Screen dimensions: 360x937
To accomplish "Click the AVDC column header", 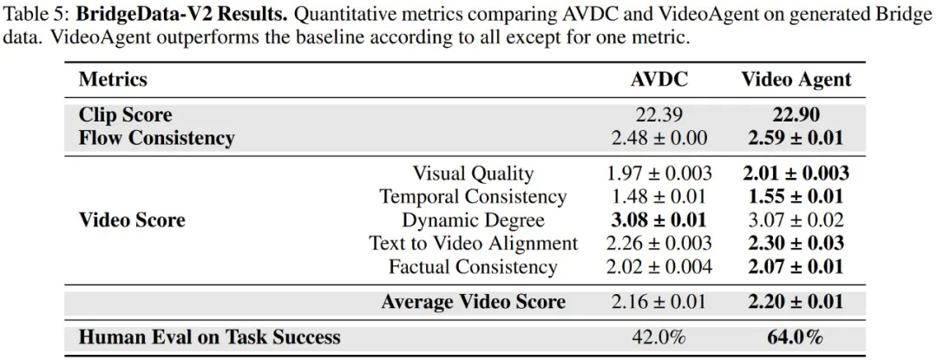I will click(x=659, y=80).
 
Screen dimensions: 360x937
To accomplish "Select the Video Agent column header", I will click(x=796, y=80).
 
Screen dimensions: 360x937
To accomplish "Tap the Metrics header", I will click(x=113, y=80).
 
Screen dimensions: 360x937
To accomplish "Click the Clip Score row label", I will click(x=125, y=115).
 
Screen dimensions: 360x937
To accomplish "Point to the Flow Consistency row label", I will click(x=156, y=138).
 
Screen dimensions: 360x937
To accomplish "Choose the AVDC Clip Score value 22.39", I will click(x=659, y=115).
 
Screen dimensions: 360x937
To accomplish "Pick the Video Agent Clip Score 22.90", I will click(x=796, y=115).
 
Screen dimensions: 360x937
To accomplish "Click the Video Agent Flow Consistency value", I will click(x=796, y=138).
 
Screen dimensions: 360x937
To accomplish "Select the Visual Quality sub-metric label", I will click(x=473, y=173).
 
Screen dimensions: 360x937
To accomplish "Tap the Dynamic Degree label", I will click(x=473, y=220).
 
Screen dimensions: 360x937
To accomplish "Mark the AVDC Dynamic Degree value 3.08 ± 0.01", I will click(x=659, y=220).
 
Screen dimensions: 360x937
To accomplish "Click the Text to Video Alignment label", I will click(x=473, y=244).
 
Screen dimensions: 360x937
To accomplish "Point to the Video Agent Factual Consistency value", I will click(x=796, y=267).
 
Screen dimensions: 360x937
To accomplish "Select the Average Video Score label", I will click(x=473, y=303).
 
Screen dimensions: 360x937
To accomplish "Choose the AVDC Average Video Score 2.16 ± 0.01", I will click(x=659, y=303).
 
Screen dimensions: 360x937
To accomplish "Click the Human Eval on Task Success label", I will click(x=209, y=337).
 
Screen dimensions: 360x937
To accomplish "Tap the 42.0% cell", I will click(x=659, y=337).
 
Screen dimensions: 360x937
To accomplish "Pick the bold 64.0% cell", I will click(x=796, y=337).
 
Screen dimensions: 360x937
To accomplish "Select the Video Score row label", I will click(x=132, y=220).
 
